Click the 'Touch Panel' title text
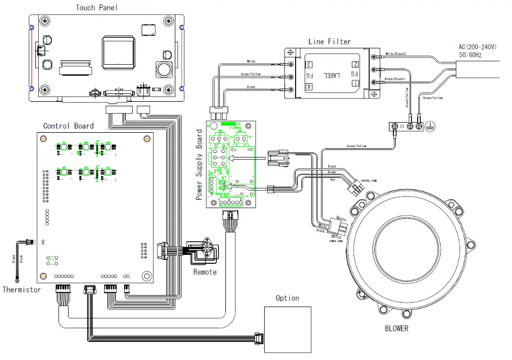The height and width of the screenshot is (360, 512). pyautogui.click(x=97, y=7)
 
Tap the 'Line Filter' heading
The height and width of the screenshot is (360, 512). pyautogui.click(x=329, y=42)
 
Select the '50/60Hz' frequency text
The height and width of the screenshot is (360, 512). pyautogui.click(x=473, y=56)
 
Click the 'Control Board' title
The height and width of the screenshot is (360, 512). pyautogui.click(x=69, y=125)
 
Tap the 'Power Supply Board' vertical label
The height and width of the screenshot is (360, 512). pyautogui.click(x=199, y=165)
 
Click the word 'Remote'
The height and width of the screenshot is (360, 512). pyautogui.click(x=205, y=272)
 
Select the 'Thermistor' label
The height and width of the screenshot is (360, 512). pyautogui.click(x=21, y=290)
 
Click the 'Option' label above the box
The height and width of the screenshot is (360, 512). pyautogui.click(x=287, y=298)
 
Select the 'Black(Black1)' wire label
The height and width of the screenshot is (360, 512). pyautogui.click(x=398, y=79)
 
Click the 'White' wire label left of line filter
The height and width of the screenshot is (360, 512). pyautogui.click(x=251, y=61)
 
